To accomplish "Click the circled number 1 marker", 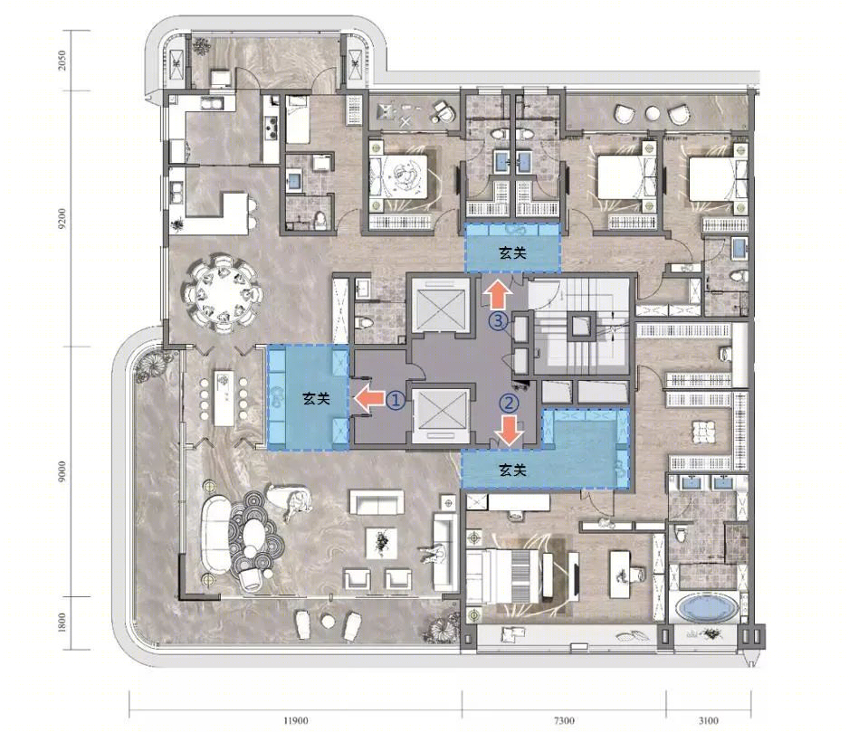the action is [x=396, y=400].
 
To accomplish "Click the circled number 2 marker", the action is [x=509, y=403].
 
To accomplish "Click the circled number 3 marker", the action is [x=498, y=321].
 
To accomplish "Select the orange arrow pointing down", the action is [x=510, y=431].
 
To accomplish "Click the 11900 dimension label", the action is [x=296, y=720].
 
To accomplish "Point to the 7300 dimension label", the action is [x=564, y=720].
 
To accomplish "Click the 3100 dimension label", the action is [x=708, y=720].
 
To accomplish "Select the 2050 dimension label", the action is [x=62, y=60].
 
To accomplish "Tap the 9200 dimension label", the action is [x=62, y=218].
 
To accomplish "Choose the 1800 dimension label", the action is [x=62, y=623].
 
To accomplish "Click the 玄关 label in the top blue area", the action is [x=512, y=252].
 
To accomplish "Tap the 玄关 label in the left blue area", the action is [x=316, y=399].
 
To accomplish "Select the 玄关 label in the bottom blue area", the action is [x=512, y=470].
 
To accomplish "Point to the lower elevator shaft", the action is [x=440, y=415].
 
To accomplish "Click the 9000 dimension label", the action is [x=62, y=471].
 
